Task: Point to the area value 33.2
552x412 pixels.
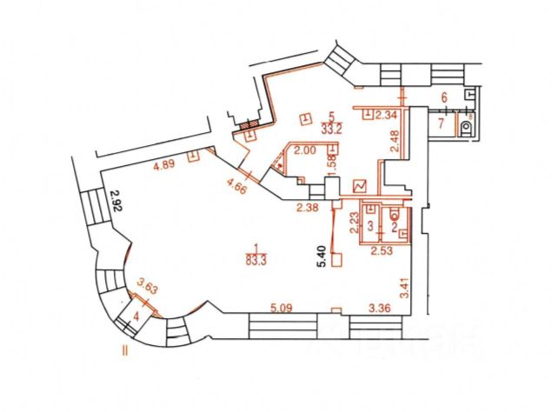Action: [x=330, y=127]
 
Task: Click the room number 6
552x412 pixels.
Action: [x=443, y=97]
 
